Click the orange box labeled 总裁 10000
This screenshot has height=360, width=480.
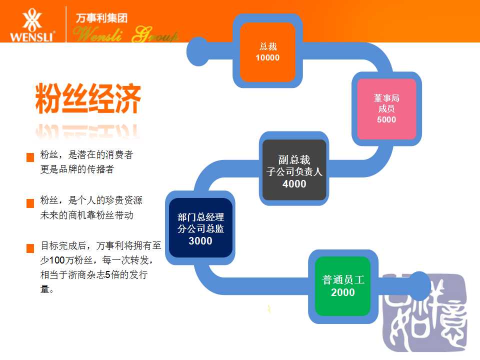[267, 51]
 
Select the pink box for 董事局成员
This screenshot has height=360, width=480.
[386, 108]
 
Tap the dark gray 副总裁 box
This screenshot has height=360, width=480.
[294, 170]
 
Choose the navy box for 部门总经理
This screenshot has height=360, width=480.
[200, 228]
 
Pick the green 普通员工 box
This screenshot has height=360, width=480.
[343, 286]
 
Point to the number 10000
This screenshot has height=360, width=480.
[267, 57]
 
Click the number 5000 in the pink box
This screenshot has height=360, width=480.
[386, 119]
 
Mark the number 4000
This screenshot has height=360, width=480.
[294, 183]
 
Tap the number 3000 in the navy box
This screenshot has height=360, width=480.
[200, 241]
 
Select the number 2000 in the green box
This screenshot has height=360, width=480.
[343, 292]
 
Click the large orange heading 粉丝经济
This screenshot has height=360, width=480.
[88, 98]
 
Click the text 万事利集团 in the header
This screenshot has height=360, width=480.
[101, 18]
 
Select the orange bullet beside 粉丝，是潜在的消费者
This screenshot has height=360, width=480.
[30, 157]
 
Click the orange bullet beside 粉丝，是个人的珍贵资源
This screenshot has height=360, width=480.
[30, 203]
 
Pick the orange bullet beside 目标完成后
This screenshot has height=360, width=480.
[30, 248]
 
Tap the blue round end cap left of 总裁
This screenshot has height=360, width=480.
[198, 51]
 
